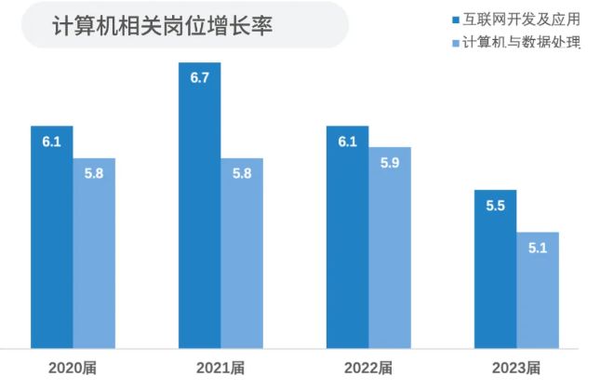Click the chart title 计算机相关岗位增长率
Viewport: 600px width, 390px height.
163,25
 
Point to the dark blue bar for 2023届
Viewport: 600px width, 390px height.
495,270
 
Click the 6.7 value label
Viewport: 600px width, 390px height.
199,78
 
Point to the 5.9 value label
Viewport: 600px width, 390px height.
390,163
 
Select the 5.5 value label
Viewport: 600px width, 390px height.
495,206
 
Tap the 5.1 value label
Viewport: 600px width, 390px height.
538,248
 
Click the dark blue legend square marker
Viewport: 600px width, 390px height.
455,19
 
